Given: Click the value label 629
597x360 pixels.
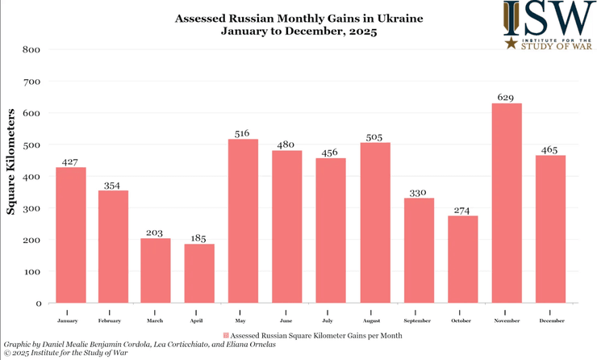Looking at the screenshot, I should pyautogui.click(x=507, y=97).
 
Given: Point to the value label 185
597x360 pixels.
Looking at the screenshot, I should pyautogui.click(x=199, y=238).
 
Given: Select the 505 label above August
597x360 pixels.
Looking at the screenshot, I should pyautogui.click(x=375, y=136).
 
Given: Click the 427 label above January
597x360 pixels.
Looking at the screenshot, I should pyautogui.click(x=69, y=161).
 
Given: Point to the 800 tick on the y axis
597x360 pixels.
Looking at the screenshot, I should pyautogui.click(x=31, y=49).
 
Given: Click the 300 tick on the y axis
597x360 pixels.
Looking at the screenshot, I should pyautogui.click(x=31, y=208).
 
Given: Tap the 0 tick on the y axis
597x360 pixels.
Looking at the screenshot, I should pyautogui.click(x=37, y=303).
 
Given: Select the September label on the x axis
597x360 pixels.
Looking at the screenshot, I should pyautogui.click(x=419, y=320).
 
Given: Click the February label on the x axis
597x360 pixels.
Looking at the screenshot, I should pyautogui.click(x=113, y=320).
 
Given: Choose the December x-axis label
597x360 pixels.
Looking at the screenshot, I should pyautogui.click(x=550, y=320).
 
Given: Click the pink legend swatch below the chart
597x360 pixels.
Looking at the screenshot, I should pyautogui.click(x=225, y=334).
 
